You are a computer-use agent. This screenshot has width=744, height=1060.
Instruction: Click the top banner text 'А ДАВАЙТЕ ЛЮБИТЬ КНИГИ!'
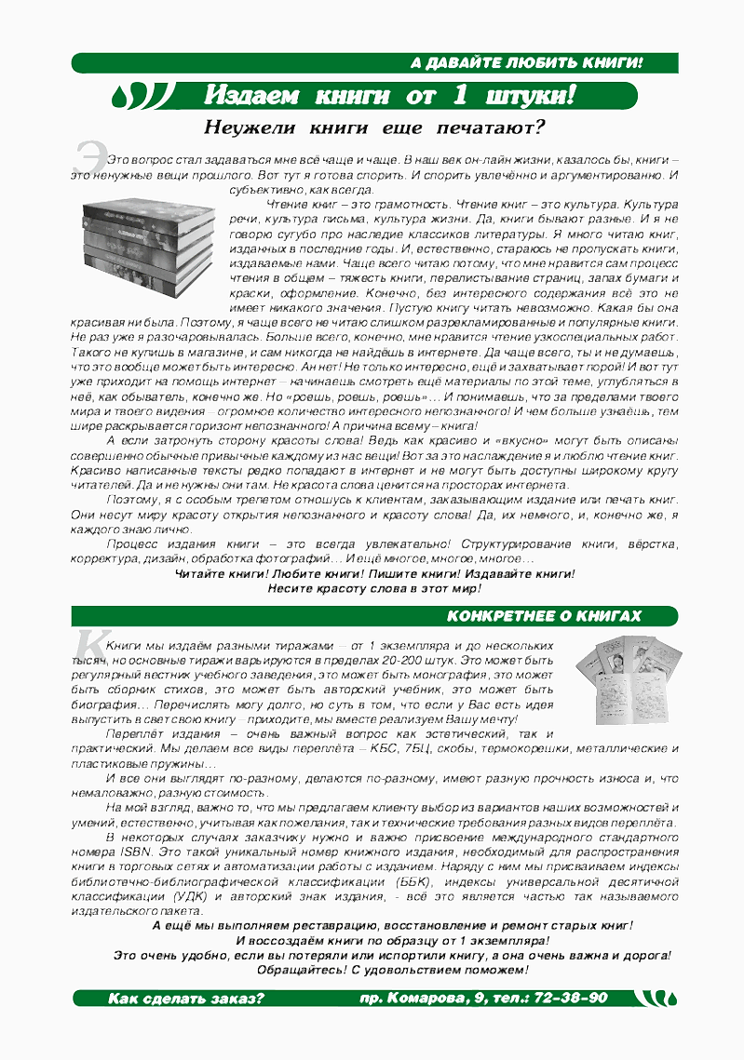[x=527, y=63]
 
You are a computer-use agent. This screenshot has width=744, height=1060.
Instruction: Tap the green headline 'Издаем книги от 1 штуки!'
[x=390, y=95]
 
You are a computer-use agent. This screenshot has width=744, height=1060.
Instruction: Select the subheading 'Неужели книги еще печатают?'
[x=374, y=127]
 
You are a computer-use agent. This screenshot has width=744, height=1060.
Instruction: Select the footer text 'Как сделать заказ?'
[x=186, y=999]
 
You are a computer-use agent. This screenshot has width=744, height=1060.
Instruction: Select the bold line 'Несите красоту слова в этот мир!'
[x=374, y=588]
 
